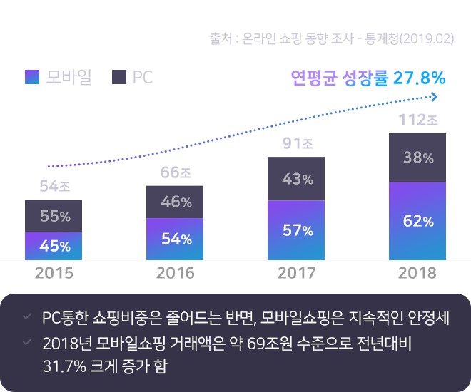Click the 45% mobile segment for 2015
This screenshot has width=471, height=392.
point(54,246)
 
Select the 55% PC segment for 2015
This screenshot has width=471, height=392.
point(54,216)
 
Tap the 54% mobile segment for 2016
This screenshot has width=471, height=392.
point(175,239)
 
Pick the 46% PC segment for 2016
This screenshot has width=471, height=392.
point(175,202)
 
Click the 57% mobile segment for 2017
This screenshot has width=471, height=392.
point(296,230)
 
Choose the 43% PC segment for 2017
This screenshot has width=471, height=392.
point(296,179)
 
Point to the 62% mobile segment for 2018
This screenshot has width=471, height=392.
point(417,221)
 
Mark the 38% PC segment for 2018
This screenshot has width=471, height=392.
point(417,158)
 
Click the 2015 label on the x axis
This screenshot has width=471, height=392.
point(54,273)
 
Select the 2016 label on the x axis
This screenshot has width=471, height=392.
point(175,273)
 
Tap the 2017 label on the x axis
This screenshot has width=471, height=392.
point(296,273)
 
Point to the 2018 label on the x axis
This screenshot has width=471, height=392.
point(417,273)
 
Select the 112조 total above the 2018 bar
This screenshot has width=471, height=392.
point(417,120)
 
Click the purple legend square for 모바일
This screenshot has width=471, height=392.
point(31,77)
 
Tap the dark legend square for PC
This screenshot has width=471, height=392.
point(119,77)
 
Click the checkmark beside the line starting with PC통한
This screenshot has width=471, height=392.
point(26,316)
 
